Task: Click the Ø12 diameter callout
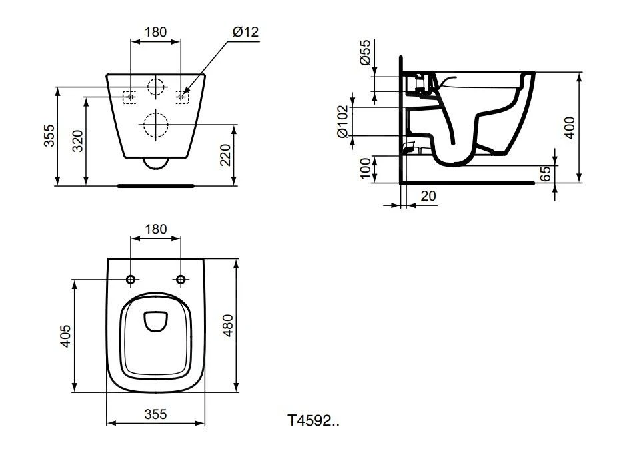pyautogui.click(x=245, y=32)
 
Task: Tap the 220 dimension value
pyautogui.click(x=225, y=156)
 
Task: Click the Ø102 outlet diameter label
pyautogui.click(x=343, y=121)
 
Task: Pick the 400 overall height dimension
pyautogui.click(x=569, y=127)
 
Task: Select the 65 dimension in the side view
pyautogui.click(x=545, y=174)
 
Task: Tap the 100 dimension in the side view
pyautogui.click(x=364, y=168)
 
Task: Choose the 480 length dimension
pyautogui.click(x=227, y=325)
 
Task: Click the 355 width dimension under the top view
pyautogui.click(x=155, y=414)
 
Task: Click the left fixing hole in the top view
pyautogui.click(x=131, y=279)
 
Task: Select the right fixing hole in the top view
pyautogui.click(x=181, y=279)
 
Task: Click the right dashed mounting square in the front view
pyautogui.click(x=181, y=97)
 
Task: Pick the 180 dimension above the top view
pyautogui.click(x=155, y=229)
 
